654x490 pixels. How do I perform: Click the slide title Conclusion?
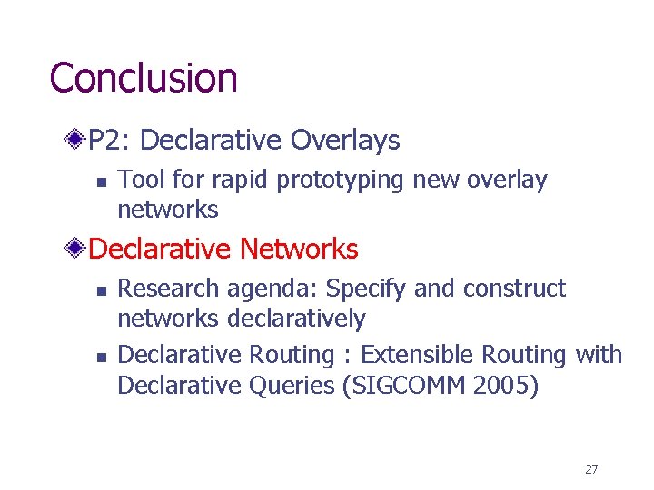[144, 78]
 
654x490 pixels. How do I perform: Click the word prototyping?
[342, 181]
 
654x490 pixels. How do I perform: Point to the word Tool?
[138, 180]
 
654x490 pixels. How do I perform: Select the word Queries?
[291, 386]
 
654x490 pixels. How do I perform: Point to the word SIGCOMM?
[404, 386]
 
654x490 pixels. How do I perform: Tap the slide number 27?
[591, 469]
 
